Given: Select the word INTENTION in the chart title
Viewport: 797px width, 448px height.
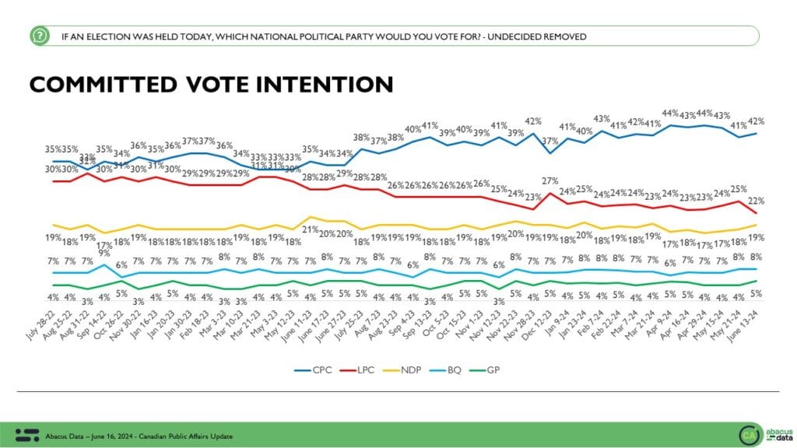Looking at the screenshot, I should (x=322, y=84).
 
